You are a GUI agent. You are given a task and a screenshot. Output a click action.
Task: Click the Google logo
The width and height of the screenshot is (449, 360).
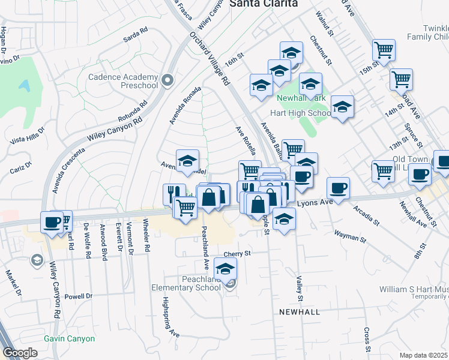point(20,352)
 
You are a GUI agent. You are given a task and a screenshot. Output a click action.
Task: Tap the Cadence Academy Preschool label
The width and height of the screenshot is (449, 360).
point(122,81)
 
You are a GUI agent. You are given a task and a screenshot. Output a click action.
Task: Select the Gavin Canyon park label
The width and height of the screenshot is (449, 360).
point(69,338)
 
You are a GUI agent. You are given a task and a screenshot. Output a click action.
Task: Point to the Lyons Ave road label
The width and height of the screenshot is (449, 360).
point(313,203)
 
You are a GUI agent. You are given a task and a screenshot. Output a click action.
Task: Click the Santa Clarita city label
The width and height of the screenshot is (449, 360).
point(264,4)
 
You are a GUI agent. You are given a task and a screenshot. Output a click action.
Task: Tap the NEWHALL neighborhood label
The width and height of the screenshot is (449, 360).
point(299,313)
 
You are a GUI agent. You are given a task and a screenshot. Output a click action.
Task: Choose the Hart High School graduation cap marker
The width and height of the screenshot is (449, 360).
point(342,107)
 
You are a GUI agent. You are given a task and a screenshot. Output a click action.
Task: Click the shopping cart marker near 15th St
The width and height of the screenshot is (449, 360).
point(383,50)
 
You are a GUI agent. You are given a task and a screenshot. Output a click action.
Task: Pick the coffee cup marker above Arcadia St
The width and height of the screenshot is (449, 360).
point(338,188)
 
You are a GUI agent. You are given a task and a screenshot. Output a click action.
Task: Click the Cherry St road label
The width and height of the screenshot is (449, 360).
point(237,254)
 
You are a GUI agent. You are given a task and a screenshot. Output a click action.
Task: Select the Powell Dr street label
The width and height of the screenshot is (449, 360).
point(79,296)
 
